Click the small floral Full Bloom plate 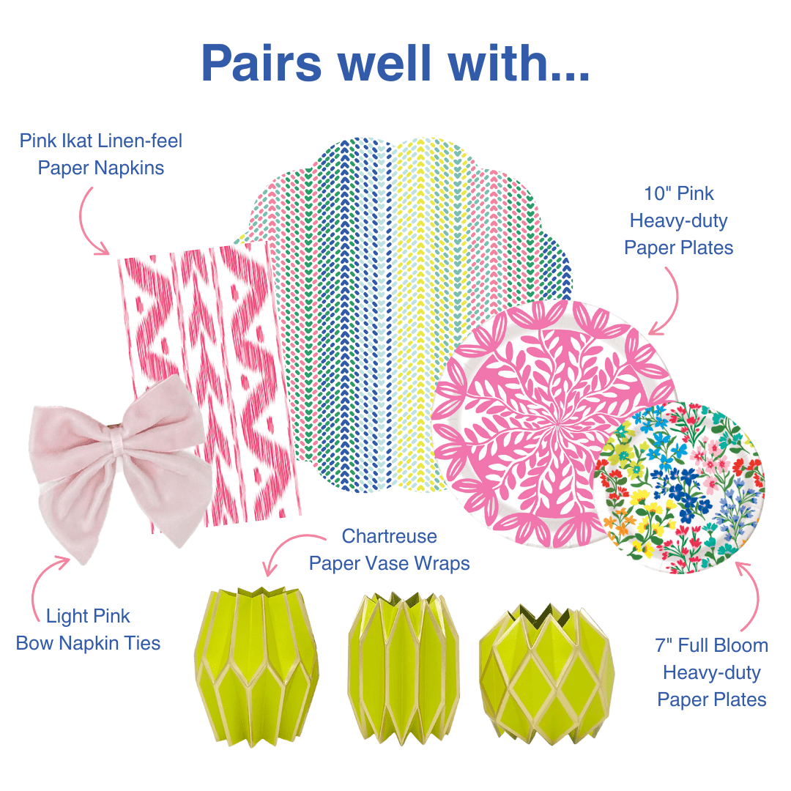point(681,487)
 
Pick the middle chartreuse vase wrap point(404,656)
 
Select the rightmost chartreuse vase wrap point(545,656)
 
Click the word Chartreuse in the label point(389,536)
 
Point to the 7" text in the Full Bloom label point(667,646)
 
